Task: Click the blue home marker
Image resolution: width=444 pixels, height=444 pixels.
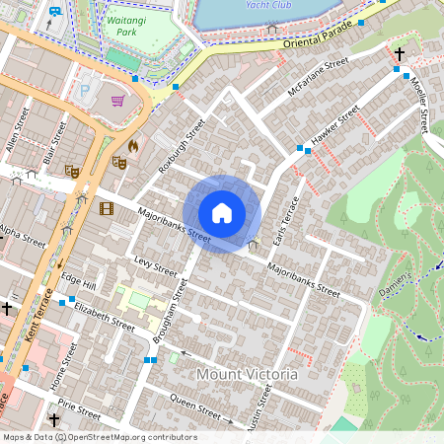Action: point(222,212)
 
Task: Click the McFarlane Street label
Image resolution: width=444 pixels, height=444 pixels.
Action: point(318,77)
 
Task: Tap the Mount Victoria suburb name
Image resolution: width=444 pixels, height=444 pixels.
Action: point(247,374)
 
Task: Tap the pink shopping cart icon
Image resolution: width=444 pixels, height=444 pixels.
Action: point(118,101)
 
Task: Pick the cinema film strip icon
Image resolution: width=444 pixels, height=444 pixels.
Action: point(106,208)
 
